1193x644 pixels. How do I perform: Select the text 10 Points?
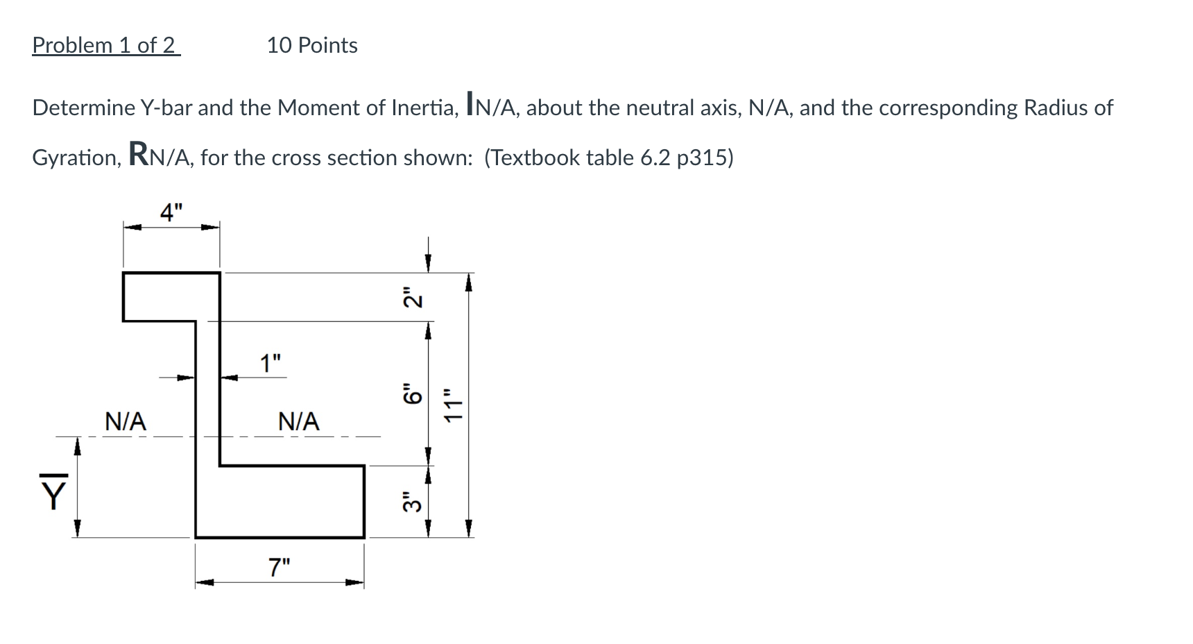click(x=312, y=46)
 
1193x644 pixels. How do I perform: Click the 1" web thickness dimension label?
click(x=271, y=363)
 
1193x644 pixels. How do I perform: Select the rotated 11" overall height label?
click(x=454, y=405)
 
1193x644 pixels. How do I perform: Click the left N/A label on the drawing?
click(x=126, y=421)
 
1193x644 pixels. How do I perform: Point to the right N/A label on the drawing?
click(x=299, y=421)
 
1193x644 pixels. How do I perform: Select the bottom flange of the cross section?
click(x=291, y=501)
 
